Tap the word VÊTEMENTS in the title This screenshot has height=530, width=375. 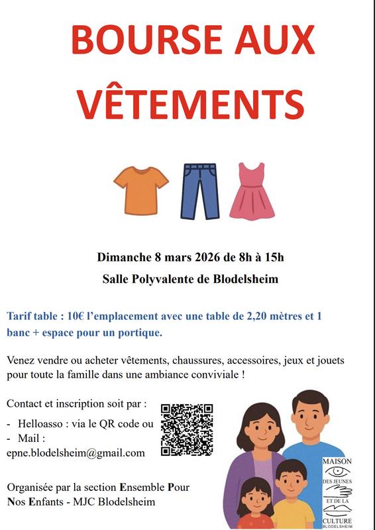(x=187, y=102)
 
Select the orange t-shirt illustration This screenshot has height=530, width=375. (x=141, y=189)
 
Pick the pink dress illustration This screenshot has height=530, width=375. (x=252, y=191)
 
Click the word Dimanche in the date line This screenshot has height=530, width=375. (x=123, y=257)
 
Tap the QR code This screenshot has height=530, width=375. (x=187, y=429)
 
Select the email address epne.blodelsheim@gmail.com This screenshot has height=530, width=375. (x=76, y=453)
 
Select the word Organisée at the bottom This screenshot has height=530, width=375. (x=32, y=488)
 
